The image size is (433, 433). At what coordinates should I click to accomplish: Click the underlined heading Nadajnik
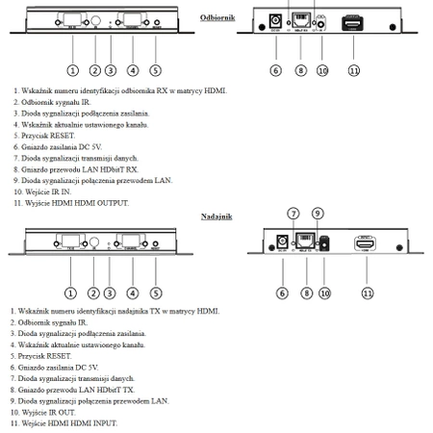tap(216, 217)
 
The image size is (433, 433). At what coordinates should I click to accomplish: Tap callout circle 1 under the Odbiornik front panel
tap(71, 70)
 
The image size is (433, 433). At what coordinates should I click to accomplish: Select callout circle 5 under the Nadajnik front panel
tap(156, 293)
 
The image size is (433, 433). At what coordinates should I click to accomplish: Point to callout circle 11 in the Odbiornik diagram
tap(353, 70)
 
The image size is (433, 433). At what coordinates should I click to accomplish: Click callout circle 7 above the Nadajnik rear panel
tap(293, 213)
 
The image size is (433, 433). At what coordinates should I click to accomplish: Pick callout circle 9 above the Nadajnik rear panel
tap(317, 213)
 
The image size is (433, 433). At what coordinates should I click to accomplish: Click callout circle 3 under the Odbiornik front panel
tap(111, 70)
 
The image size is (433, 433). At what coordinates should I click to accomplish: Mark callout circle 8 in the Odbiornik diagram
tap(300, 70)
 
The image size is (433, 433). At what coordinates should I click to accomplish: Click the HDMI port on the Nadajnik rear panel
tap(366, 245)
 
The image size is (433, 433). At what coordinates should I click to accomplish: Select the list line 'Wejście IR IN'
tap(46, 191)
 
